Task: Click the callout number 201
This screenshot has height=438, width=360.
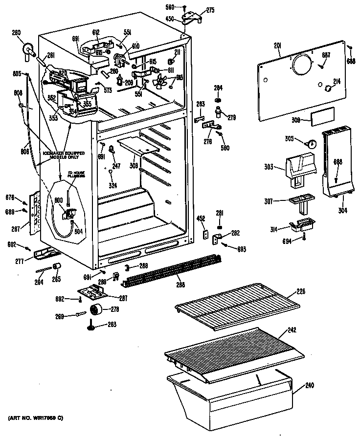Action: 277,46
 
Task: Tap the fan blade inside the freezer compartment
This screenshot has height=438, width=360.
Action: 161,80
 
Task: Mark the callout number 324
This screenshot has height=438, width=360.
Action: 112,185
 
